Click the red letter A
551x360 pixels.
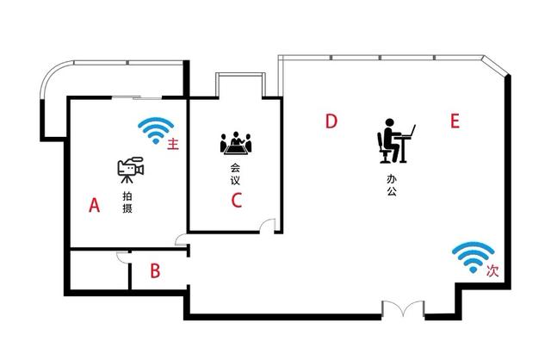click(x=96, y=205)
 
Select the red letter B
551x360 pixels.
click(x=155, y=271)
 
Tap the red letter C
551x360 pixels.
click(x=237, y=202)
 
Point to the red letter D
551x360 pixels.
click(x=330, y=121)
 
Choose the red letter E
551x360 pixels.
click(x=455, y=121)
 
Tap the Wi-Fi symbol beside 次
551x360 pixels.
click(x=474, y=257)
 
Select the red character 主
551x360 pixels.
click(x=173, y=144)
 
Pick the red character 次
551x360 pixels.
click(x=492, y=270)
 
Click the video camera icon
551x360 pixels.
click(x=129, y=170)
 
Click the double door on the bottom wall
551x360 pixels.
click(x=404, y=308)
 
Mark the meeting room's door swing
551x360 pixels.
click(x=269, y=226)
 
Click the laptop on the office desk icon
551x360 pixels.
click(x=411, y=132)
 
